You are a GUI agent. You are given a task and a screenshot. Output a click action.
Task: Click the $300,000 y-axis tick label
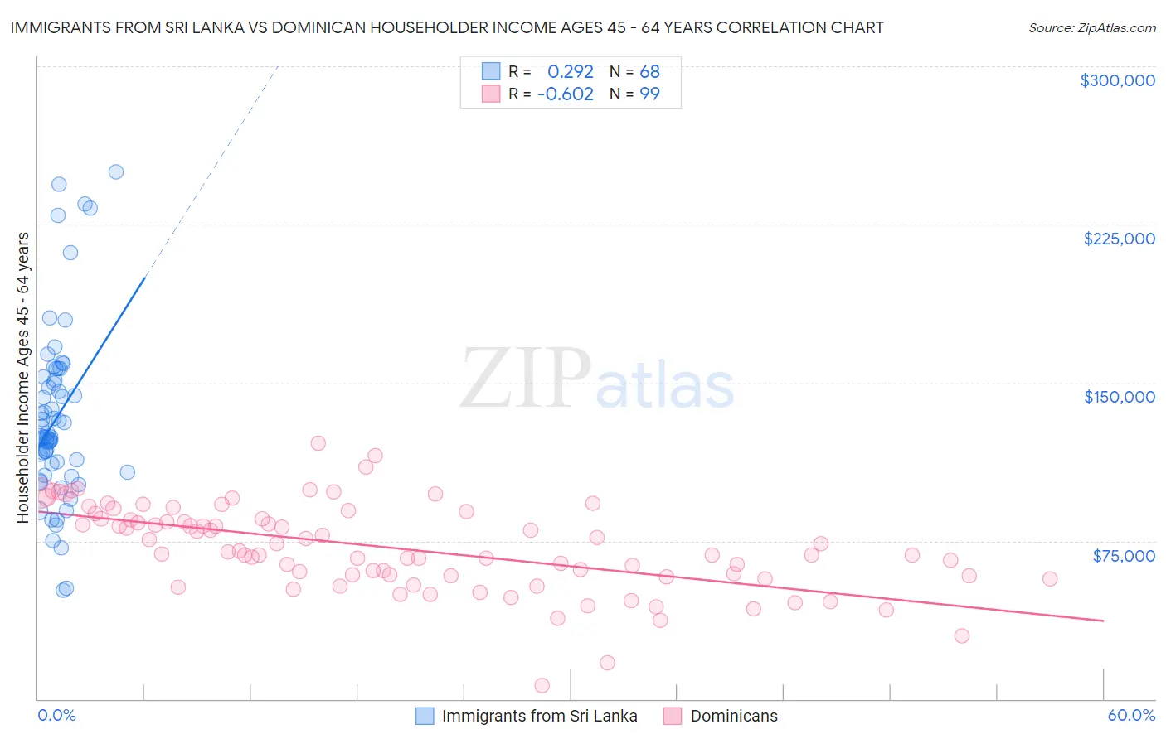(x=1117, y=80)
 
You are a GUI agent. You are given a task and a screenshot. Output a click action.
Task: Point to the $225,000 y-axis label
(x=1119, y=239)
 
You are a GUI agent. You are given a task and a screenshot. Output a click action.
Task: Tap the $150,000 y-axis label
(x=1119, y=397)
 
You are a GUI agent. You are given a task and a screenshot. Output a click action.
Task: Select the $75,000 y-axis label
(x=1123, y=555)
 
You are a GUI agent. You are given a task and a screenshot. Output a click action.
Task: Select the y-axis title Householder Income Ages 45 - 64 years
(x=23, y=378)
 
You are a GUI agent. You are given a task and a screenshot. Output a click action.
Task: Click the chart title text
(x=447, y=27)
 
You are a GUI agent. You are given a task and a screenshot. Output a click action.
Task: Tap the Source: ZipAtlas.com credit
(x=1091, y=28)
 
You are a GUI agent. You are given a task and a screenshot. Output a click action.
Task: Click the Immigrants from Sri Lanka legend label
(x=539, y=716)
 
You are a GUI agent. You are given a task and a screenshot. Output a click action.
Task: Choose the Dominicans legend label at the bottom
(x=734, y=716)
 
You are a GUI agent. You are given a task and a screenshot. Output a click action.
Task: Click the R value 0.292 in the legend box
(x=571, y=72)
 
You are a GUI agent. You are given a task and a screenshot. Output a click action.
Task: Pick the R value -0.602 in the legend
(x=566, y=94)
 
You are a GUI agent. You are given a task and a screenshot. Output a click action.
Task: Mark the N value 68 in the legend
(x=649, y=72)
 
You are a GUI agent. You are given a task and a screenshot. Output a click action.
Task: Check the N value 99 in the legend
(x=649, y=94)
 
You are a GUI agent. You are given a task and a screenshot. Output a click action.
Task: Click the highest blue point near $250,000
(x=116, y=172)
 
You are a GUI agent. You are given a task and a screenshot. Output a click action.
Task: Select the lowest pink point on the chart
(x=542, y=685)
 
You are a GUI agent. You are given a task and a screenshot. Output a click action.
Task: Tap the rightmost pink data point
(x=1050, y=579)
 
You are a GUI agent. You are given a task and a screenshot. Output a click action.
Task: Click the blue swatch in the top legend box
(x=491, y=71)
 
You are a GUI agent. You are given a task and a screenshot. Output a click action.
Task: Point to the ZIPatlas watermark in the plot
(x=597, y=380)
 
